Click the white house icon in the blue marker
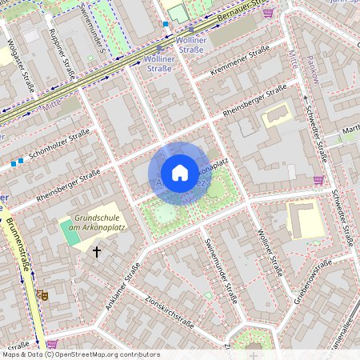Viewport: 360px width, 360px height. [180, 172]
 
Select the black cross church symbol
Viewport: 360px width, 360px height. [98, 252]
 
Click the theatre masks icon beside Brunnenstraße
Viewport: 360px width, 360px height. [42, 295]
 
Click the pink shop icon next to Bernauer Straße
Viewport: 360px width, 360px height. [267, 13]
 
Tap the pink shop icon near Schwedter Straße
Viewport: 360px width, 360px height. [318, 180]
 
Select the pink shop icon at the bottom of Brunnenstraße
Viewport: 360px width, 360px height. [51, 344]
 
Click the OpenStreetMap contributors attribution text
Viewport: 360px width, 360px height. [81, 354]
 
